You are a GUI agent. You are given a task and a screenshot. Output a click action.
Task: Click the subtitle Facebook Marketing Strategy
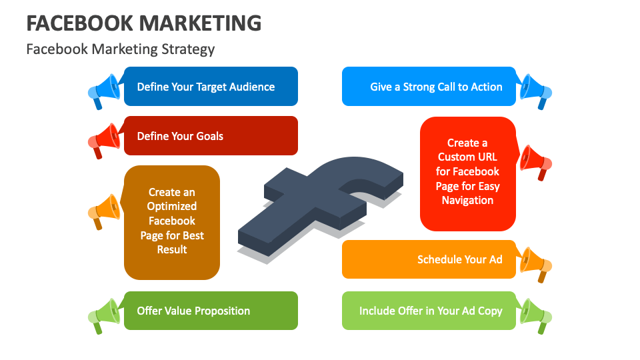coord(120,49)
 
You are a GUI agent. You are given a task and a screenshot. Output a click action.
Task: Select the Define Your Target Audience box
coord(211,87)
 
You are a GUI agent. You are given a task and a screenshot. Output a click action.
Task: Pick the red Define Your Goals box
coord(211,136)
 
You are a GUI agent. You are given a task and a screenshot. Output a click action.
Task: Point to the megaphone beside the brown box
coord(105,210)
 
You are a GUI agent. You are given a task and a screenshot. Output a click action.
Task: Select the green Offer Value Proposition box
coord(211,311)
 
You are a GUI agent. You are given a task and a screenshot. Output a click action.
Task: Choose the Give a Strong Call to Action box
coord(429,87)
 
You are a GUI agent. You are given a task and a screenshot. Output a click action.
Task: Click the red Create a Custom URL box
coord(468,173)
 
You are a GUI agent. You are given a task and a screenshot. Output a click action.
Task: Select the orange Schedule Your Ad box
coord(429,259)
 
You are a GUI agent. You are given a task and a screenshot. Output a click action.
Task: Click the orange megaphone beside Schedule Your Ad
coord(535,263)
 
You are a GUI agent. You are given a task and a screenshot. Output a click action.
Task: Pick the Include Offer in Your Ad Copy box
coord(429,311)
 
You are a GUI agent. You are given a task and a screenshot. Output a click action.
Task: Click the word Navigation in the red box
coord(467,200)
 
